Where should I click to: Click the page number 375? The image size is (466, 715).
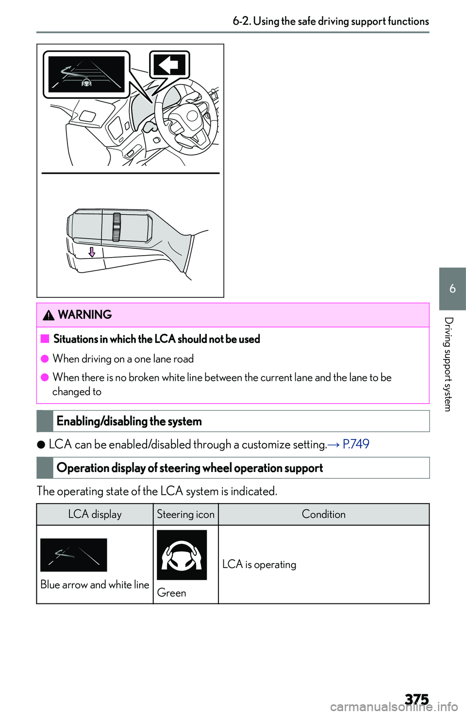(x=416, y=699)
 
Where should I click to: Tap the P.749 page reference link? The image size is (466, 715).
(x=356, y=444)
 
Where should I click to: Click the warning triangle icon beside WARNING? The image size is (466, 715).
(x=49, y=315)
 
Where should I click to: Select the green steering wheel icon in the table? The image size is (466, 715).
(x=182, y=555)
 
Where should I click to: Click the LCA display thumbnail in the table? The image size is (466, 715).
(x=74, y=555)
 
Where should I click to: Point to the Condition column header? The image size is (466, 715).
(x=323, y=514)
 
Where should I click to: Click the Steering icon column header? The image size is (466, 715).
(x=185, y=514)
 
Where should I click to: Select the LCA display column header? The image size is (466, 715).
(x=95, y=514)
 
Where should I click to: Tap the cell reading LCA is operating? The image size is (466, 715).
(x=259, y=564)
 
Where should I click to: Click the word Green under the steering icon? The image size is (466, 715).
(x=171, y=593)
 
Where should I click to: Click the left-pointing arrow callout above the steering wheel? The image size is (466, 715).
(x=169, y=65)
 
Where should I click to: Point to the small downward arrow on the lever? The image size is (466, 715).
(x=92, y=252)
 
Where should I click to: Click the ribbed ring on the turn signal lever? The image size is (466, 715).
(x=116, y=227)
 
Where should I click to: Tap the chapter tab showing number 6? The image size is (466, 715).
(x=452, y=289)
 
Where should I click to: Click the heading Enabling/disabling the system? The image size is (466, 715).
(x=129, y=421)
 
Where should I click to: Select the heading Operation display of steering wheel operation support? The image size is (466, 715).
(x=190, y=468)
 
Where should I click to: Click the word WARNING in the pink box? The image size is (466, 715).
(x=85, y=315)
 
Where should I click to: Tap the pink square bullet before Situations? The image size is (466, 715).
(x=45, y=339)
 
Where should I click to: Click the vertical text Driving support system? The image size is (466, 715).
(x=449, y=364)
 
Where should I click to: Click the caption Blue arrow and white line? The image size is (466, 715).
(x=95, y=585)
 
